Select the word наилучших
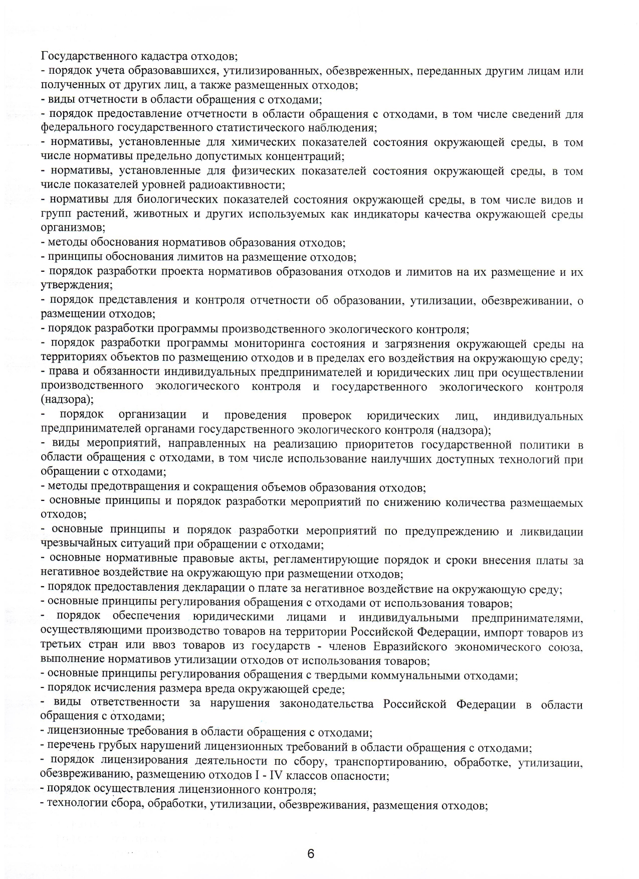[429, 459]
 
